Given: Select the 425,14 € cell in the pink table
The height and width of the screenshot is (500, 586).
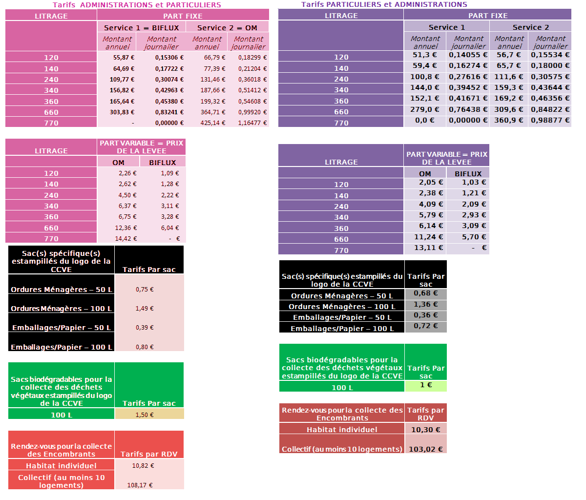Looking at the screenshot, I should pyautogui.click(x=213, y=123).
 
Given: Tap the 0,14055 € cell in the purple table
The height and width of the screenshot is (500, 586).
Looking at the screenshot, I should pyautogui.click(x=468, y=55).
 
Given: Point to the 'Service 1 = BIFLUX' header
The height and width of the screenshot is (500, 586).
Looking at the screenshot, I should pyautogui.click(x=141, y=28).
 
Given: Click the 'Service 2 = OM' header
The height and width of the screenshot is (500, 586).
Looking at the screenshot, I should pyautogui.click(x=227, y=28).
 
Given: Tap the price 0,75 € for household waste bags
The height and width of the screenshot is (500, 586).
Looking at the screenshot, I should pyautogui.click(x=145, y=290).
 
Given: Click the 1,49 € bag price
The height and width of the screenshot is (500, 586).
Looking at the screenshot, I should pyautogui.click(x=145, y=309).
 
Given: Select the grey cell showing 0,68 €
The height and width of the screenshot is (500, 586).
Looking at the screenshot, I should pyautogui.click(x=426, y=293).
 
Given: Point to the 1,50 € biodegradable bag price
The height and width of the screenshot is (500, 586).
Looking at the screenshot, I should pyautogui.click(x=145, y=415).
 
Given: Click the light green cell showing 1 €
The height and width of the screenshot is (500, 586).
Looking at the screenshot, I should pyautogui.click(x=426, y=385).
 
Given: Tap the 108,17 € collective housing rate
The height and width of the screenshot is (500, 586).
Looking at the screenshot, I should pyautogui.click(x=140, y=485).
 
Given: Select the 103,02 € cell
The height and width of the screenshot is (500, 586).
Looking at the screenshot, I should pyautogui.click(x=426, y=449).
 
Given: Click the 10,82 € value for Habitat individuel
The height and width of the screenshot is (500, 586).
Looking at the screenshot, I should pyautogui.click(x=143, y=466).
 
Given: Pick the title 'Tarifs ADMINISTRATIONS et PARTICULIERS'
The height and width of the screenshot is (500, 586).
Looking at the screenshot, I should pyautogui.click(x=137, y=5).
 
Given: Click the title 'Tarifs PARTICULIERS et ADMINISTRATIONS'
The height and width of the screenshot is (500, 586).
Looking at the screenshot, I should pyautogui.click(x=384, y=4).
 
